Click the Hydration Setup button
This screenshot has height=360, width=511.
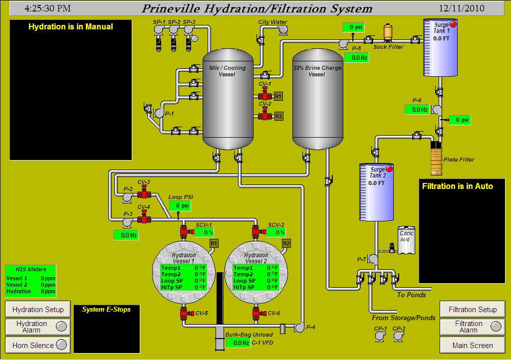click(x=38, y=309)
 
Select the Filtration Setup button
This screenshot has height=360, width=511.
click(x=472, y=309)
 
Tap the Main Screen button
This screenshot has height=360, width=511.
click(x=472, y=345)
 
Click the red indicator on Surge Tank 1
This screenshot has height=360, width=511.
click(x=453, y=24)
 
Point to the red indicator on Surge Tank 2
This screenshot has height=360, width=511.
click(x=389, y=169)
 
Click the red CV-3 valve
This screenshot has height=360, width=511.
click(x=145, y=192)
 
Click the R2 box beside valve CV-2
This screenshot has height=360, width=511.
click(x=278, y=116)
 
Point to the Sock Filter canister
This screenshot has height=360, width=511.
click(x=388, y=33)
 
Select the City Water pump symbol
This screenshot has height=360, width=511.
click(x=283, y=30)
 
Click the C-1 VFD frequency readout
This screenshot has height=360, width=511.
click(x=238, y=343)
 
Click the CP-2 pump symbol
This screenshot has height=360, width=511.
click(x=399, y=336)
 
